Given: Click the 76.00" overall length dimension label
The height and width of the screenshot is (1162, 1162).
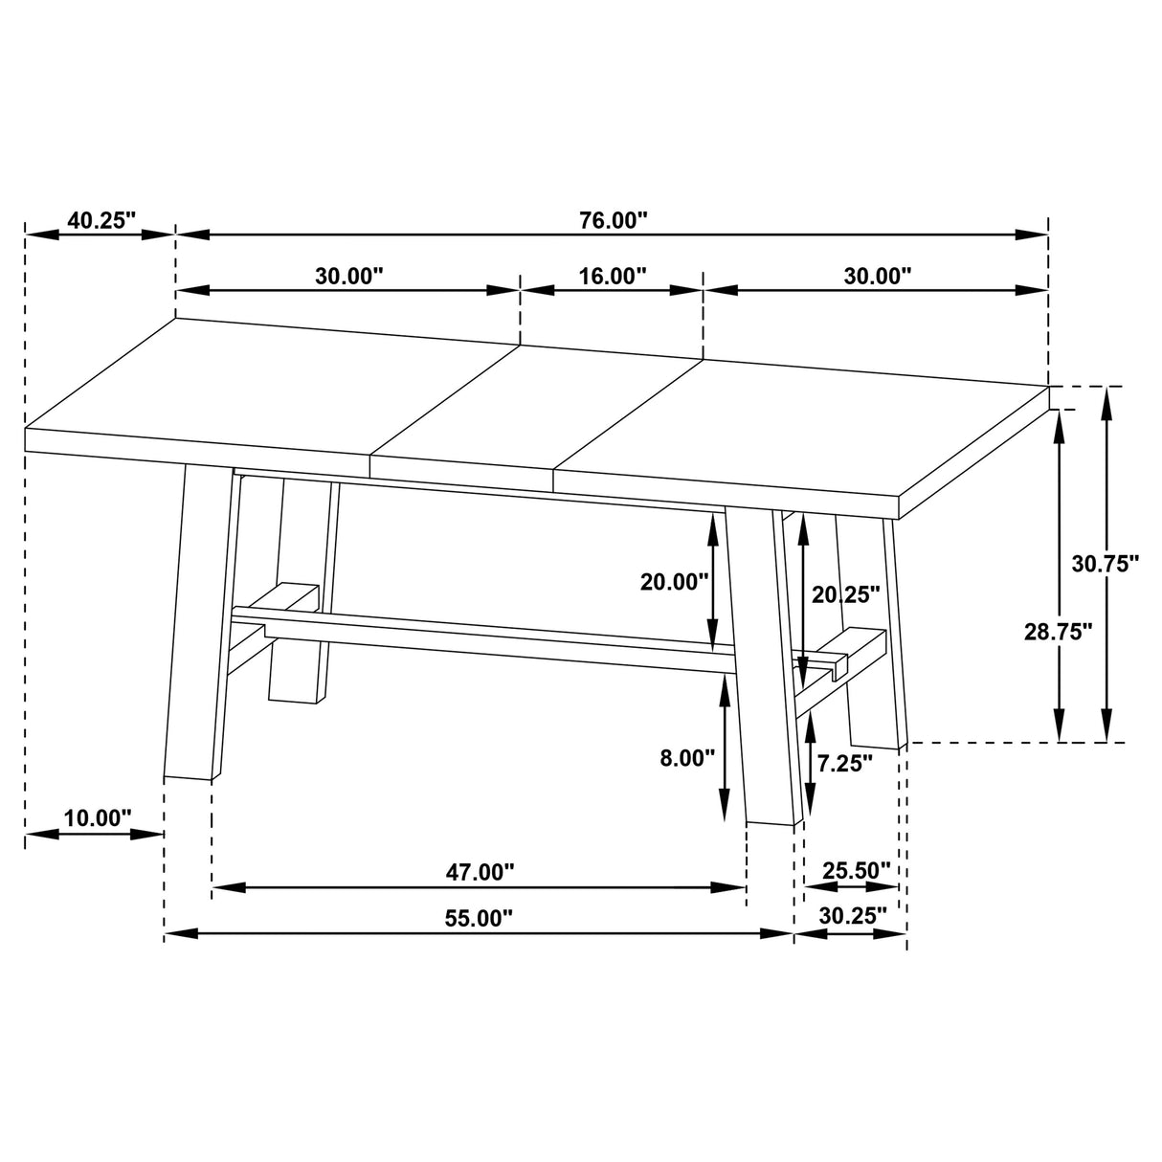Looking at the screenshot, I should pyautogui.click(x=613, y=220).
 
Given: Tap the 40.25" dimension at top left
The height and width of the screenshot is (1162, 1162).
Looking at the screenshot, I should pyautogui.click(x=102, y=220).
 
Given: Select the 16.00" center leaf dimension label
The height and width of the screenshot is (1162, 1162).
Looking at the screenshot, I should pyautogui.click(x=613, y=277).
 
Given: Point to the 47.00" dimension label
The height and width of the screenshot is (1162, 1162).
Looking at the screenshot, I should pyautogui.click(x=480, y=872).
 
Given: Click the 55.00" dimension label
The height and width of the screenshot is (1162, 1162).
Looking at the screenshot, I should pyautogui.click(x=479, y=919).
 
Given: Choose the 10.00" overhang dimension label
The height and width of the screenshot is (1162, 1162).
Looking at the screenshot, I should pyautogui.click(x=98, y=818).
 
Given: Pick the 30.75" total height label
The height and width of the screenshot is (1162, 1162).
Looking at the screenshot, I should pyautogui.click(x=1105, y=564).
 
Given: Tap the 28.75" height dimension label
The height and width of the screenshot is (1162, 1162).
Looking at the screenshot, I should pyautogui.click(x=1058, y=632).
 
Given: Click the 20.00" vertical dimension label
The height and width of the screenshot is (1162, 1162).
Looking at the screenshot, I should pyautogui.click(x=675, y=581).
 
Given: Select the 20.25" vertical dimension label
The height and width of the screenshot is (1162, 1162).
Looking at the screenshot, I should pyautogui.click(x=845, y=594).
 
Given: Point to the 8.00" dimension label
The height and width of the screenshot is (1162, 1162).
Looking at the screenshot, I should pyautogui.click(x=687, y=759).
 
